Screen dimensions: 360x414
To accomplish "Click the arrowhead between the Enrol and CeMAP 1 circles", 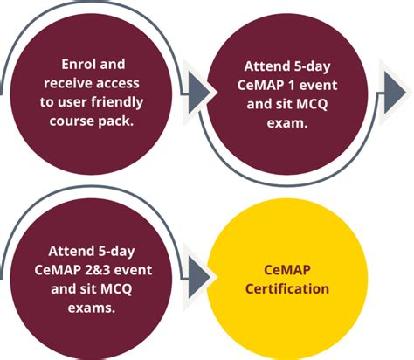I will [x=200, y=90].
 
